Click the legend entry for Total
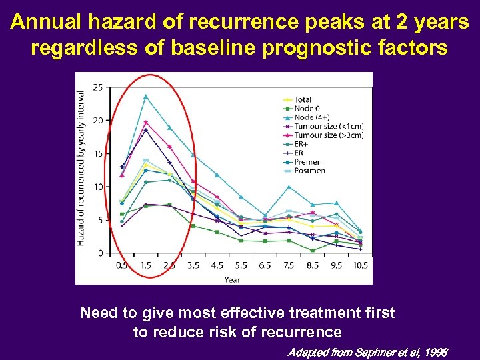point(303,100)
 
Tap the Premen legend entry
point(308,162)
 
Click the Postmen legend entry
point(309,171)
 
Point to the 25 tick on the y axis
point(98,87)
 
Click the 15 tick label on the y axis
point(98,154)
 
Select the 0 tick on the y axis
point(100,253)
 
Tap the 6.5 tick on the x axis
point(265,265)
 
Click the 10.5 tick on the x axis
point(360,265)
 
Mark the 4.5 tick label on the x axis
point(217,265)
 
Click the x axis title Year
point(232,279)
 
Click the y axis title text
point(81,168)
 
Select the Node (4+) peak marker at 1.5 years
point(145,97)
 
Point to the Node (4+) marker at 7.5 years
point(289,187)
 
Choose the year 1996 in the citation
point(435,352)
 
